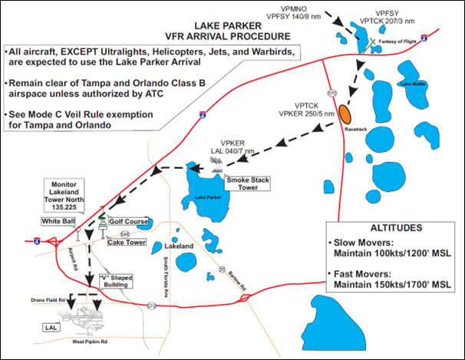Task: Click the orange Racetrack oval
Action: (x=347, y=114)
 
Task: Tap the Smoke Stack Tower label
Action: (x=246, y=182)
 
